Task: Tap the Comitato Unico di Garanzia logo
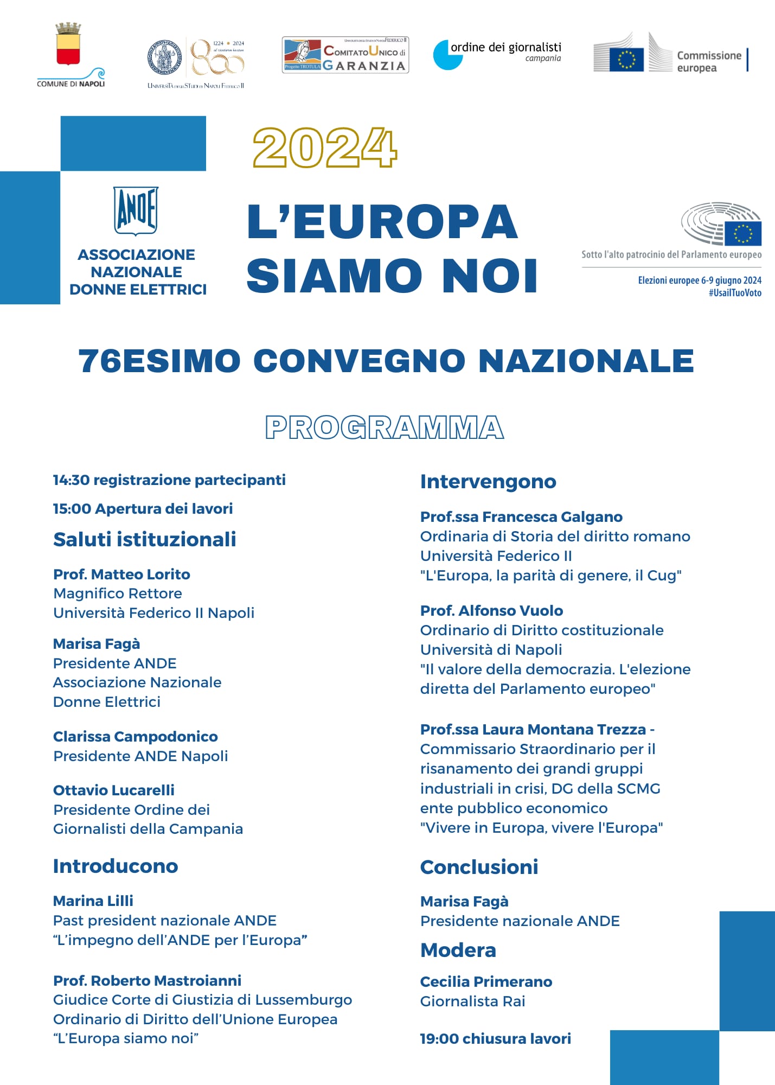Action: pyautogui.click(x=345, y=55)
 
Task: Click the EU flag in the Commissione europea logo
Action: pyautogui.click(x=626, y=59)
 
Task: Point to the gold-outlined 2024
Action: pyautogui.click(x=325, y=148)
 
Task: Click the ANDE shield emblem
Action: pyautogui.click(x=136, y=210)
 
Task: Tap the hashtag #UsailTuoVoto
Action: pyautogui.click(x=734, y=293)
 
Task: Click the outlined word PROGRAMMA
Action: pyautogui.click(x=385, y=427)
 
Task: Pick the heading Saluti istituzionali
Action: pyautogui.click(x=144, y=539)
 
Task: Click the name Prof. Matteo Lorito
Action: pyautogui.click(x=121, y=574)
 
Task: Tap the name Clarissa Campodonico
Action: pyautogui.click(x=135, y=736)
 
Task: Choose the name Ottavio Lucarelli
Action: pyautogui.click(x=114, y=790)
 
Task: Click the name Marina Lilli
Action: pyautogui.click(x=93, y=901)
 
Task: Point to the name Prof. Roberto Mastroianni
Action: pyautogui.click(x=147, y=980)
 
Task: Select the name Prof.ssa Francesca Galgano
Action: pyautogui.click(x=521, y=516)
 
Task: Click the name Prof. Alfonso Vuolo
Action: pyautogui.click(x=491, y=610)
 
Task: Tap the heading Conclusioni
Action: pyautogui.click(x=479, y=867)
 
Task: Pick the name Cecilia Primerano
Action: pyautogui.click(x=486, y=981)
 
